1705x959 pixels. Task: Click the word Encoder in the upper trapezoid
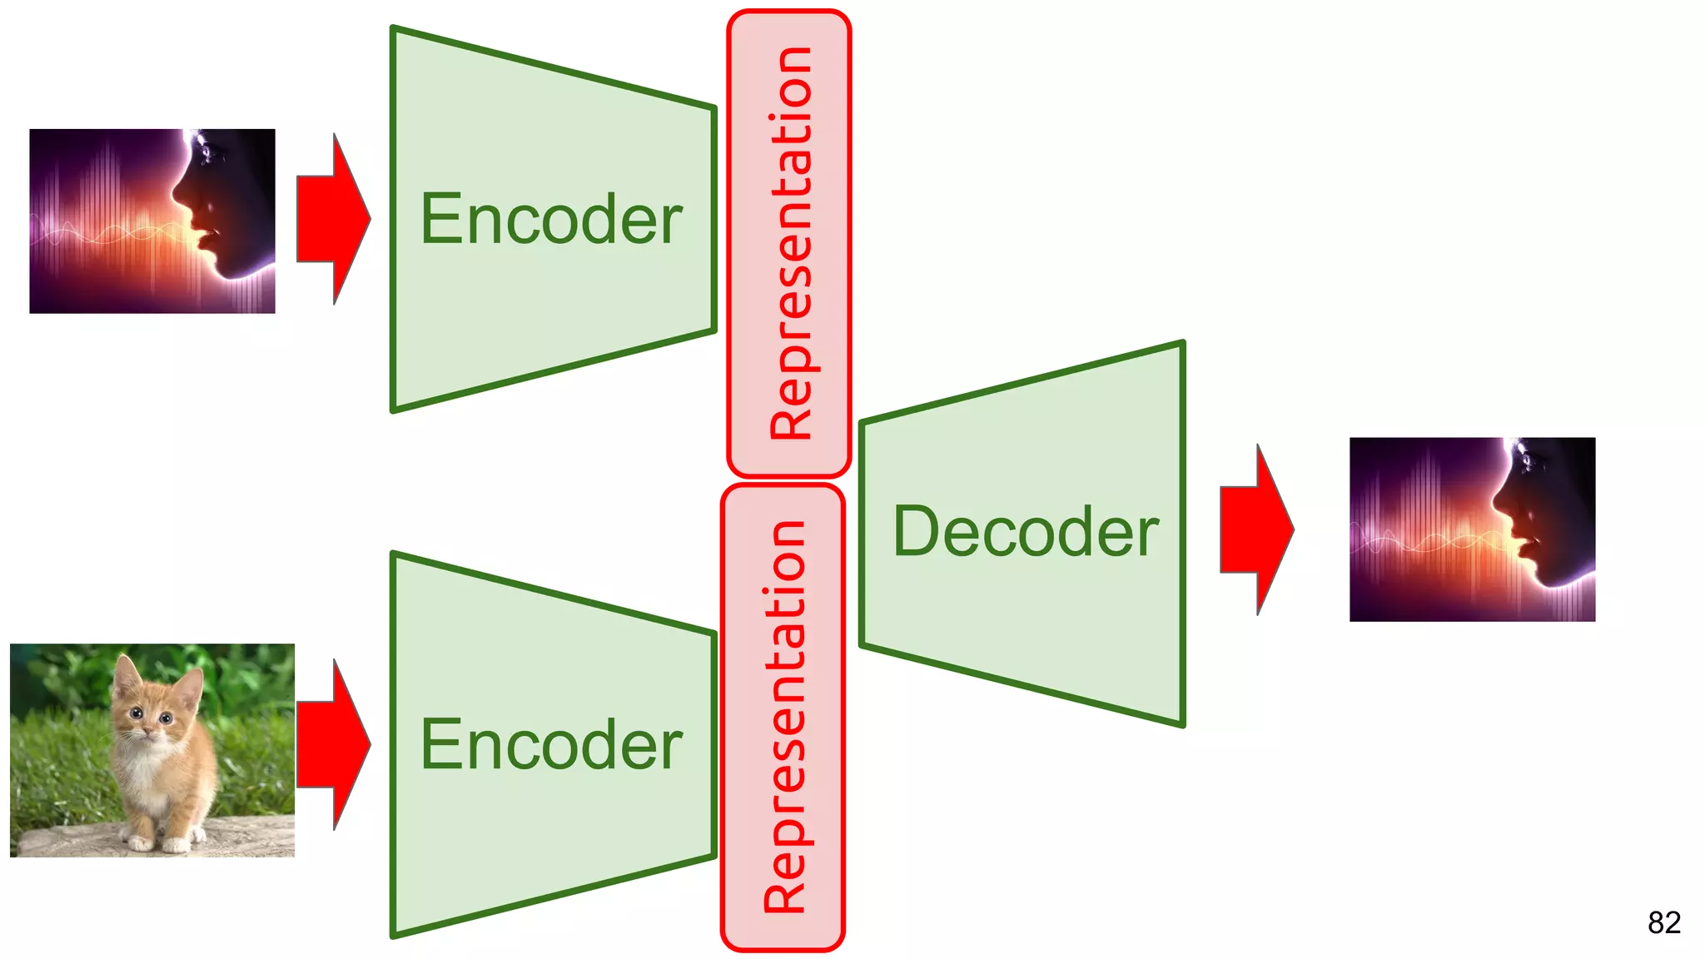tap(551, 219)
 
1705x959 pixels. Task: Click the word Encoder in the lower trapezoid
tap(551, 745)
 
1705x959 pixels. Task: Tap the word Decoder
tap(1025, 532)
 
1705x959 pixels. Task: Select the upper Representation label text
tap(790, 243)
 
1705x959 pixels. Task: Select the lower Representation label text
tap(784, 717)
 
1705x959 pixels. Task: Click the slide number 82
tap(1663, 922)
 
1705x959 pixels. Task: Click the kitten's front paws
tap(158, 842)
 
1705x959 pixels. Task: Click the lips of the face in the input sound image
tap(204, 237)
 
